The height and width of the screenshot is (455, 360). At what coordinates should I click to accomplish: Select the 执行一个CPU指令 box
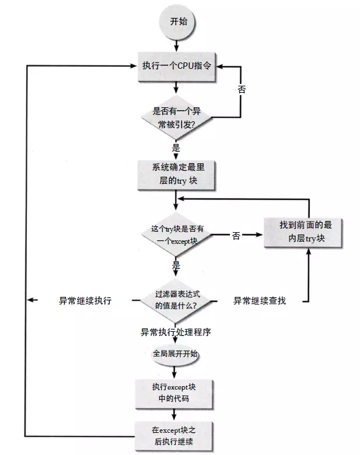tap(176, 66)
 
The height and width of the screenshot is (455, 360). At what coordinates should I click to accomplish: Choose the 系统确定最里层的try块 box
tap(176, 174)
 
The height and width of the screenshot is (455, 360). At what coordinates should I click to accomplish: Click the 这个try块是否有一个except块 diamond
tap(176, 236)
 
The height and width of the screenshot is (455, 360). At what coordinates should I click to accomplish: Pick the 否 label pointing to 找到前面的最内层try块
tap(236, 236)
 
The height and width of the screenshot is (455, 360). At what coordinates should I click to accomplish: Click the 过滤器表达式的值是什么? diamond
tap(176, 300)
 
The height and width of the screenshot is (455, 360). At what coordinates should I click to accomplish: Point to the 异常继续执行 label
tap(85, 300)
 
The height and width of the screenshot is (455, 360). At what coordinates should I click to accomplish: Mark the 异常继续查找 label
tap(260, 300)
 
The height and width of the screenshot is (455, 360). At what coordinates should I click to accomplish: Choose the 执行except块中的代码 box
tap(175, 393)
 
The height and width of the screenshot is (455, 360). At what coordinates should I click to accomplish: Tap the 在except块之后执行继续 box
tap(175, 436)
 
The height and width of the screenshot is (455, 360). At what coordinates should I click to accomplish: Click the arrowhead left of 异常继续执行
tap(33, 300)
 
